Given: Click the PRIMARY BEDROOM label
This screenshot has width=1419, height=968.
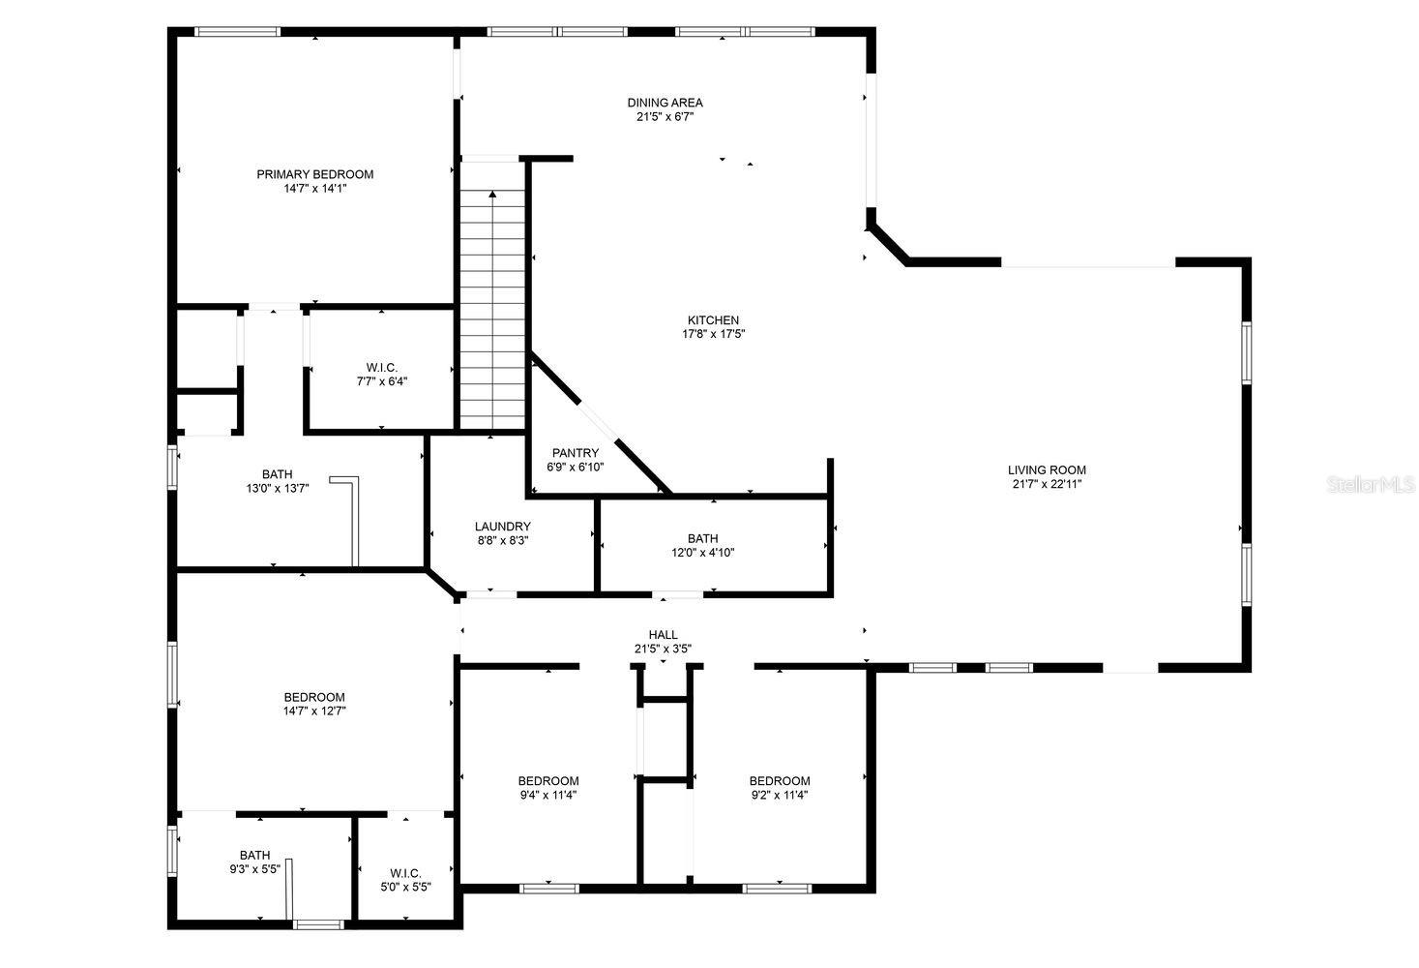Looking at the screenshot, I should coord(314,174).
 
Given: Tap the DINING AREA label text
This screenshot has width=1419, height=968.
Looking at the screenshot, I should coord(665,103).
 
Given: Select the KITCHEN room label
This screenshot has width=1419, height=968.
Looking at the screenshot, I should coord(713,320).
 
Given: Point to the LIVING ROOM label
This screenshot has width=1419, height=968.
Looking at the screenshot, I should coord(1047,470).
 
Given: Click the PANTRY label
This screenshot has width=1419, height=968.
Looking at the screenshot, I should coord(576,453).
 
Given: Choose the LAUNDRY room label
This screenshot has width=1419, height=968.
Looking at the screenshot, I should coord(502,527).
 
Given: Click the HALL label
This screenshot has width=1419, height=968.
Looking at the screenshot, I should coord(663,635).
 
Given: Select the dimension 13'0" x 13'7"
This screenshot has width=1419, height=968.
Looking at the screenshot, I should coord(277,488).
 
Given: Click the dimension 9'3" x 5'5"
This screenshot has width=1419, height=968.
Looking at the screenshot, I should coord(254,869).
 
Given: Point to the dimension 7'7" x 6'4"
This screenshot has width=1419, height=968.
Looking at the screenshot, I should coord(381,381).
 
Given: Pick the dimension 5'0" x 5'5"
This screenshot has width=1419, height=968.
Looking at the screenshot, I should coord(405,886).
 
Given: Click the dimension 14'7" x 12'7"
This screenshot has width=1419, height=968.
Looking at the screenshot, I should coord(314,711).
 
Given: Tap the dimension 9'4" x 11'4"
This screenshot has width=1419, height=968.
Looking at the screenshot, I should coord(548,795).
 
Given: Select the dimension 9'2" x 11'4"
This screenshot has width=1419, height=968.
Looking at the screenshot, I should coord(780,795).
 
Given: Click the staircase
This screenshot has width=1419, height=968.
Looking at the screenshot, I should coord(492,310).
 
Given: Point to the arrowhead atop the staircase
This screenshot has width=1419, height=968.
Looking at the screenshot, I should coord(492,195).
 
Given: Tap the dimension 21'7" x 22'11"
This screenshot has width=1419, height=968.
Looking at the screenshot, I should coord(1047,484).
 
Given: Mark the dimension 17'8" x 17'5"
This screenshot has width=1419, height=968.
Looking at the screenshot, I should coord(713,334).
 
